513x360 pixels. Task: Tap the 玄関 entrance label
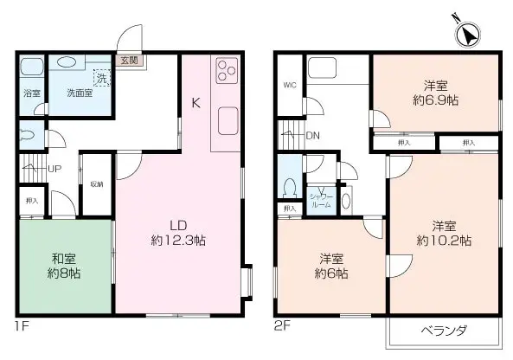coord(129,61)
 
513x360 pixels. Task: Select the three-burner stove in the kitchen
coord(227,69)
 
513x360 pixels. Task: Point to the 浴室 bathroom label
coord(30,93)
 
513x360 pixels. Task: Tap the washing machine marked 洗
coord(102,77)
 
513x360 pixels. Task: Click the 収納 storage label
coord(97,183)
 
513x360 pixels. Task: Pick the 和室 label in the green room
coord(65,257)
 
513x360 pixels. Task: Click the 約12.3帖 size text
coord(178,239)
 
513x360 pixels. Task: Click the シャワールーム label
coord(321,197)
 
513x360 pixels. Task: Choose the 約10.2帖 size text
coord(443,239)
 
